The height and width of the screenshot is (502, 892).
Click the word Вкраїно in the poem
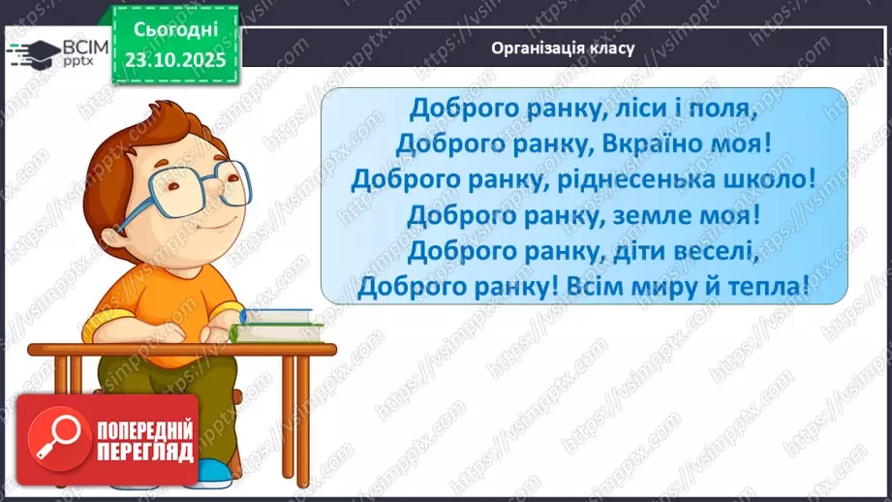[x=651, y=143]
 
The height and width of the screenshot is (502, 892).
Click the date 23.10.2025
[x=174, y=57]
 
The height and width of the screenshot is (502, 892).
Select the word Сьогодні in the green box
[x=174, y=31]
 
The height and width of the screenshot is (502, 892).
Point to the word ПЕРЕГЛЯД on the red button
[x=144, y=454]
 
